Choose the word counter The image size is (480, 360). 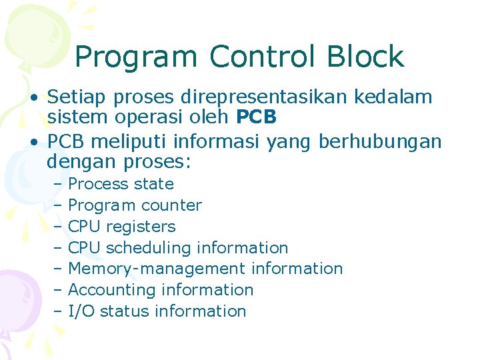pyautogui.click(x=171, y=205)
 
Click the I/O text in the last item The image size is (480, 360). pyautogui.click(x=81, y=311)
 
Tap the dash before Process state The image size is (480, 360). pyautogui.click(x=58, y=185)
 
